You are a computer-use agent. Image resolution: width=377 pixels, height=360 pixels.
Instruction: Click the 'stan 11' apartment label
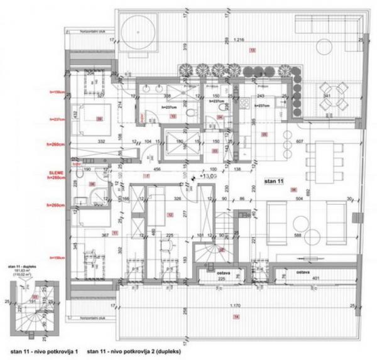pyautogui.click(x=274, y=182)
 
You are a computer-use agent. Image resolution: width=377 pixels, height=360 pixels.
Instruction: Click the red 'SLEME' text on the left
pyautogui.click(x=57, y=172)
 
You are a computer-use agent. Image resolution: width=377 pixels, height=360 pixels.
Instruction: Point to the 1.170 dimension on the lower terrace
pyautogui.click(x=234, y=305)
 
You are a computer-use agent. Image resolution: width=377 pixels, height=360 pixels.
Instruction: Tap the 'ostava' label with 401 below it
pyautogui.click(x=304, y=273)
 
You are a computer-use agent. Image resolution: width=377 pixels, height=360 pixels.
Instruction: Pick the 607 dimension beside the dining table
pyautogui.click(x=299, y=141)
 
